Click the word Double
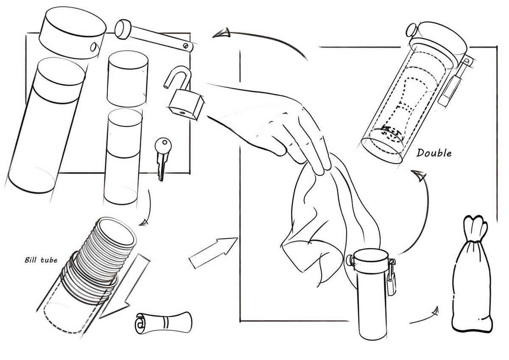coord(434,153)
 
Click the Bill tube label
coord(41,260)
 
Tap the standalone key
coord(163,158)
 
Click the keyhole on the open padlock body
coord(182,112)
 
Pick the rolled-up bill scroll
coord(164,323)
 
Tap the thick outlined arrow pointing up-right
coord(213,253)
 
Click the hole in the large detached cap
coord(93,47)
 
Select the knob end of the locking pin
coord(123,29)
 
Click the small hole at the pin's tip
coord(186,46)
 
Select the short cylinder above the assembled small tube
coord(128,79)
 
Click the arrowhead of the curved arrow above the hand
coord(221,33)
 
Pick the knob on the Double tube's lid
coord(412,30)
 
